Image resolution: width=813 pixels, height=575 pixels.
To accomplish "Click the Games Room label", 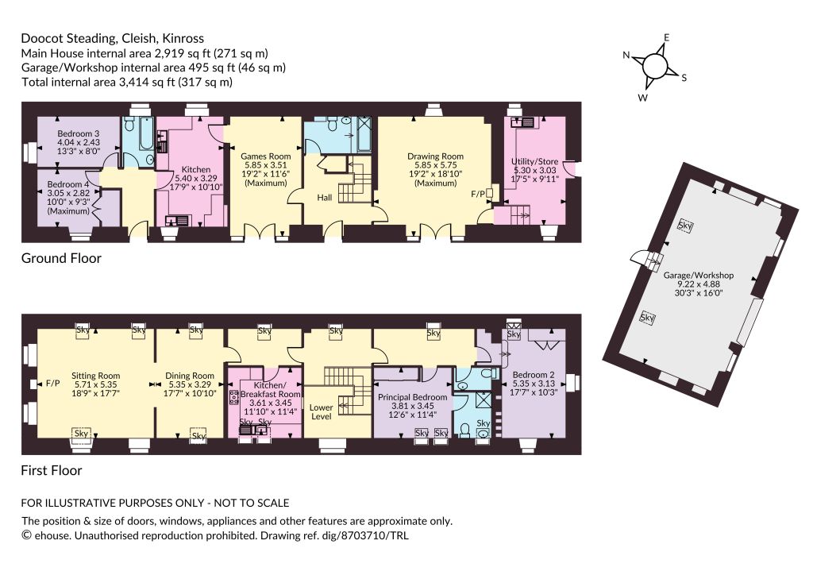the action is [x=265, y=156].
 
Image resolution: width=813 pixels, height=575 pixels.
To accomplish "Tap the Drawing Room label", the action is [x=435, y=156].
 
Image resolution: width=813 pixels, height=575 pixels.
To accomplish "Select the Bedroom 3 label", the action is [x=79, y=133].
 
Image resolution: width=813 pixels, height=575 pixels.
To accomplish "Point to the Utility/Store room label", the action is [x=534, y=161].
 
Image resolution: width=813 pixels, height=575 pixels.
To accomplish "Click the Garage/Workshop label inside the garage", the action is [x=699, y=276].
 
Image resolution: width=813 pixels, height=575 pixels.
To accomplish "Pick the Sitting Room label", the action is [x=95, y=376].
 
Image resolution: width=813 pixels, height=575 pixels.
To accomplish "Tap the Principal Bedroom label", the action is [x=412, y=397].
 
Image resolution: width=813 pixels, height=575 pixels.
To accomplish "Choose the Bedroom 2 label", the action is [x=534, y=375].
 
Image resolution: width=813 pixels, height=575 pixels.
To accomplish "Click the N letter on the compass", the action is [x=626, y=56].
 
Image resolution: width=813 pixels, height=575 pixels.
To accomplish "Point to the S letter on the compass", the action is [x=684, y=78].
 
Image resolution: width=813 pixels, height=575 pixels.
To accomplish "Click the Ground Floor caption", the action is [x=61, y=258].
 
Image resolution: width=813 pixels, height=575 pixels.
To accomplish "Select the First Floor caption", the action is [x=52, y=470].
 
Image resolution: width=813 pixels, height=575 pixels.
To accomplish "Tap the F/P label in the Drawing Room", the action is [x=478, y=194].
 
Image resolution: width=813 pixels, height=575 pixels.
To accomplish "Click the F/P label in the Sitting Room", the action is [x=53, y=384].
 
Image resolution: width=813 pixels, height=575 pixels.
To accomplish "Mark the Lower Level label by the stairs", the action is [x=321, y=411].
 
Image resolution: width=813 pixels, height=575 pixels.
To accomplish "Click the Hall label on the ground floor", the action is [x=325, y=198].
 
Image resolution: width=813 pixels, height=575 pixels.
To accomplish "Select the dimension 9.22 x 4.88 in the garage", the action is [x=699, y=284].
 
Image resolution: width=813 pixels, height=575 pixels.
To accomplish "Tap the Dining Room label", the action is [x=190, y=376].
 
